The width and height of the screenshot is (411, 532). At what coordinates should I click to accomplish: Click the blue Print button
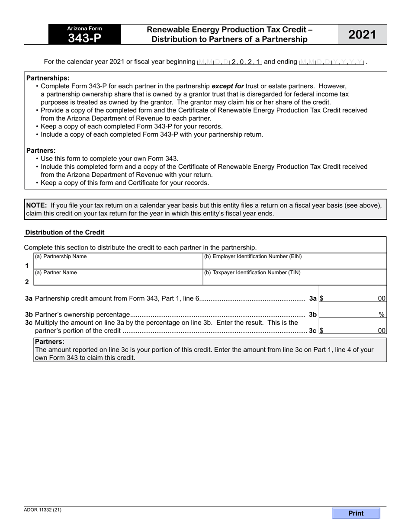point(356,513)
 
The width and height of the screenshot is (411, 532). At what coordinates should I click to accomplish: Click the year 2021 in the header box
point(362,35)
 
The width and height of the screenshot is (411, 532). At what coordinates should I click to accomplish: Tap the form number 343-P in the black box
point(85,38)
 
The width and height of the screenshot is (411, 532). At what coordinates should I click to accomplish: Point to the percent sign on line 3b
point(382,315)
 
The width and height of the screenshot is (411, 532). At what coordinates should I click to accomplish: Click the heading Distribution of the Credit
point(65,232)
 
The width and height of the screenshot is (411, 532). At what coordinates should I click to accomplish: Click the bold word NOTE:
point(37,205)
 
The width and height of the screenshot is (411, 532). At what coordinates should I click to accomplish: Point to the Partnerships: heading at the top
point(48,78)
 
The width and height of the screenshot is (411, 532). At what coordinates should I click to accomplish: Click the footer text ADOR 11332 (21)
point(43,510)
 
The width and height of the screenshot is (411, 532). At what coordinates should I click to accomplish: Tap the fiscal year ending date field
point(332,62)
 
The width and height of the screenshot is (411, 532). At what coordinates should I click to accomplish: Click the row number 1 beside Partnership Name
point(27,266)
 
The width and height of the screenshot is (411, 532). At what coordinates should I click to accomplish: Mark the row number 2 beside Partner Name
point(27,282)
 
